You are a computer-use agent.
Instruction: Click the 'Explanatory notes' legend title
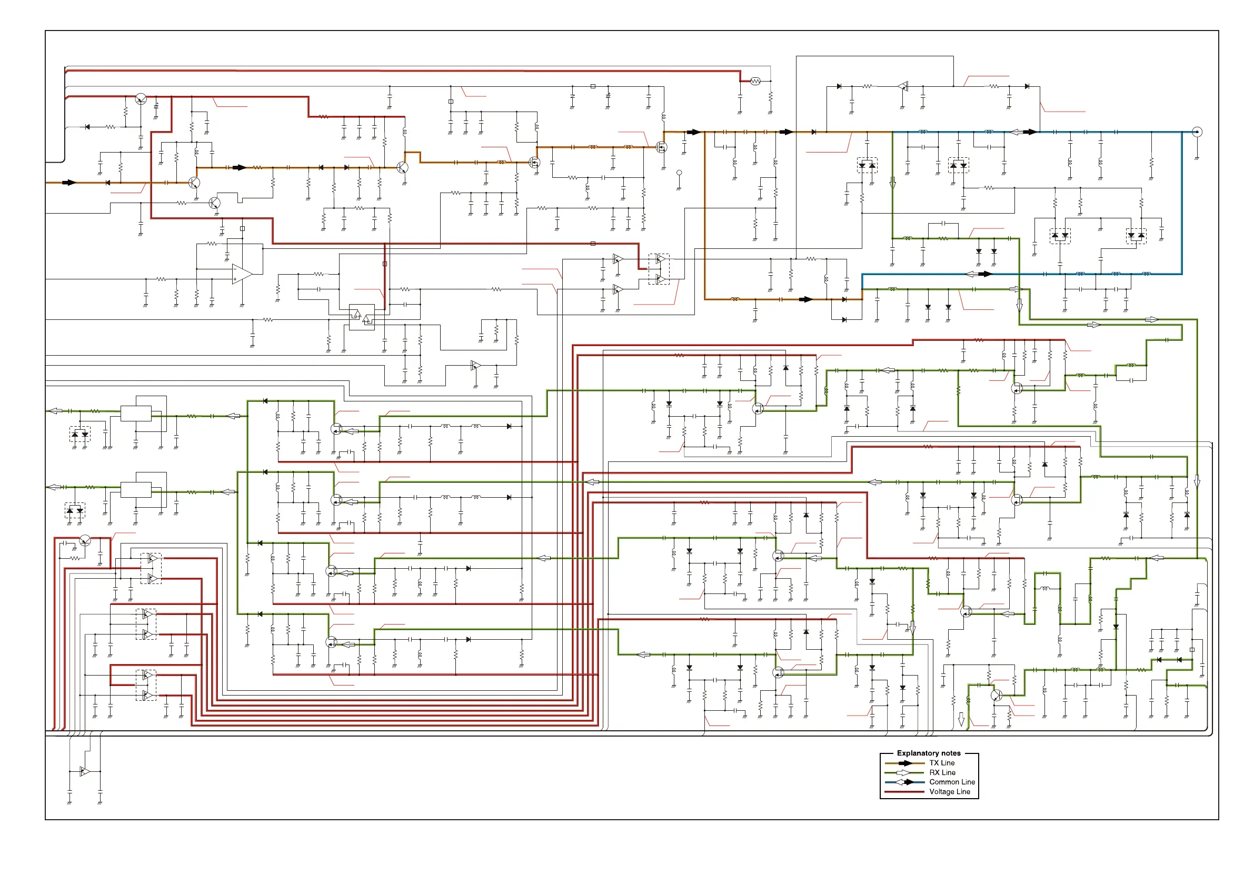pyautogui.click(x=929, y=753)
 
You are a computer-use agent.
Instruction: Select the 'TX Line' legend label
pyautogui.click(x=942, y=763)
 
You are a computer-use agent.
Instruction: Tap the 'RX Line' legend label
pyautogui.click(x=942, y=772)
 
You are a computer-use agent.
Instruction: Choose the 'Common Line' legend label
pyautogui.click(x=952, y=782)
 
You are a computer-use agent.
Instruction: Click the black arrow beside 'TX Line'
pyautogui.click(x=905, y=763)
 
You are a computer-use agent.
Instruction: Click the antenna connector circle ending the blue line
pyautogui.click(x=1197, y=132)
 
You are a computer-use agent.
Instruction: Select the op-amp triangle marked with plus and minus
pyautogui.click(x=242, y=274)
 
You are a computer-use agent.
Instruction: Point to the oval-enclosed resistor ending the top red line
pyautogui.click(x=755, y=81)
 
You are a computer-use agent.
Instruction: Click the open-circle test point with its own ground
pyautogui.click(x=679, y=173)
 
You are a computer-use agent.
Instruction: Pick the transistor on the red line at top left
pyautogui.click(x=141, y=99)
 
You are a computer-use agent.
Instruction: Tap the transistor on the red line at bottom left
pyautogui.click(x=85, y=540)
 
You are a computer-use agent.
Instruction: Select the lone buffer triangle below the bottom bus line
pyautogui.click(x=85, y=771)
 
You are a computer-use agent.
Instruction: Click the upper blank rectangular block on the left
pyautogui.click(x=136, y=413)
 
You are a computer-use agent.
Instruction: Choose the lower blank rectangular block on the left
pyautogui.click(x=136, y=490)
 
